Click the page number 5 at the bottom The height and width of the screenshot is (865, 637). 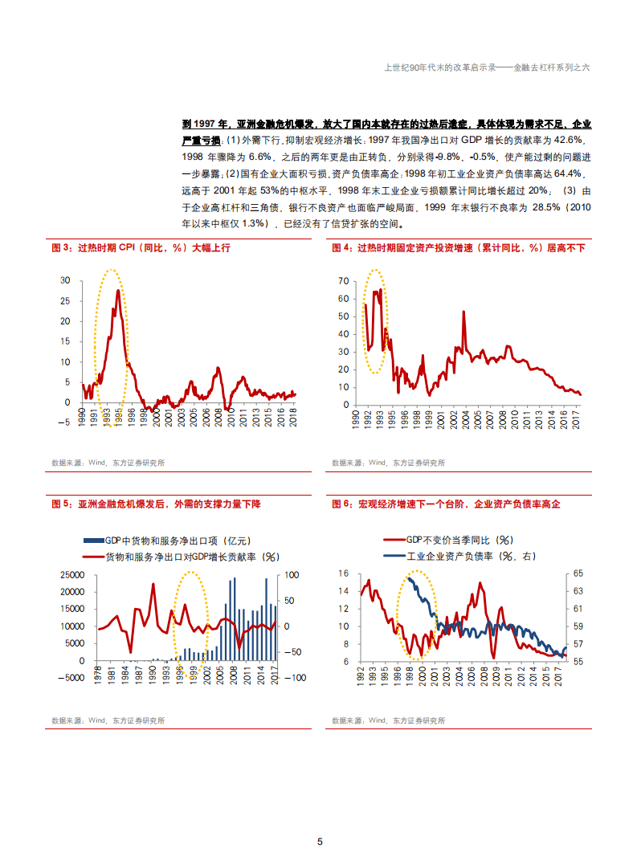[x=320, y=842]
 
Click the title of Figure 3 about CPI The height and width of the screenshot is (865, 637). [x=141, y=248]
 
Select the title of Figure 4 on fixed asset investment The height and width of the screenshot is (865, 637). [x=459, y=248]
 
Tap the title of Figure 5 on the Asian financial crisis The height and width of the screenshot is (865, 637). [x=156, y=504]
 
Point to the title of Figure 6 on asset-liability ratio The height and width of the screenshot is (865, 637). [x=445, y=504]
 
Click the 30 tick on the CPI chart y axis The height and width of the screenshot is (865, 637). [x=65, y=280]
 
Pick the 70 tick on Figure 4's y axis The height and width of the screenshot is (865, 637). [x=344, y=281]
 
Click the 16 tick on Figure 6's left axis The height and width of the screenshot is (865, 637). [x=344, y=573]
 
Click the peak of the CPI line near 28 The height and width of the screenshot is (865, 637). [x=118, y=291]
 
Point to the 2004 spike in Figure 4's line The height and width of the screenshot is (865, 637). [x=463, y=312]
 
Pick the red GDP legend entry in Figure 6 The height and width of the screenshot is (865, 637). [x=449, y=541]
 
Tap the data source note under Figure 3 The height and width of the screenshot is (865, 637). [x=108, y=463]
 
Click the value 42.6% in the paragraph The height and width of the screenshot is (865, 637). [x=565, y=140]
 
